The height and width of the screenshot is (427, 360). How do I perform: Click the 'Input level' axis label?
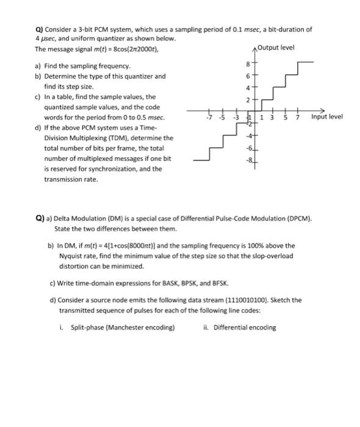point(327,117)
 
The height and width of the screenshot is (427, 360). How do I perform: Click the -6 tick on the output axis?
point(248,149)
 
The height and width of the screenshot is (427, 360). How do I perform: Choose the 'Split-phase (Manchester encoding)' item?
point(123,327)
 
